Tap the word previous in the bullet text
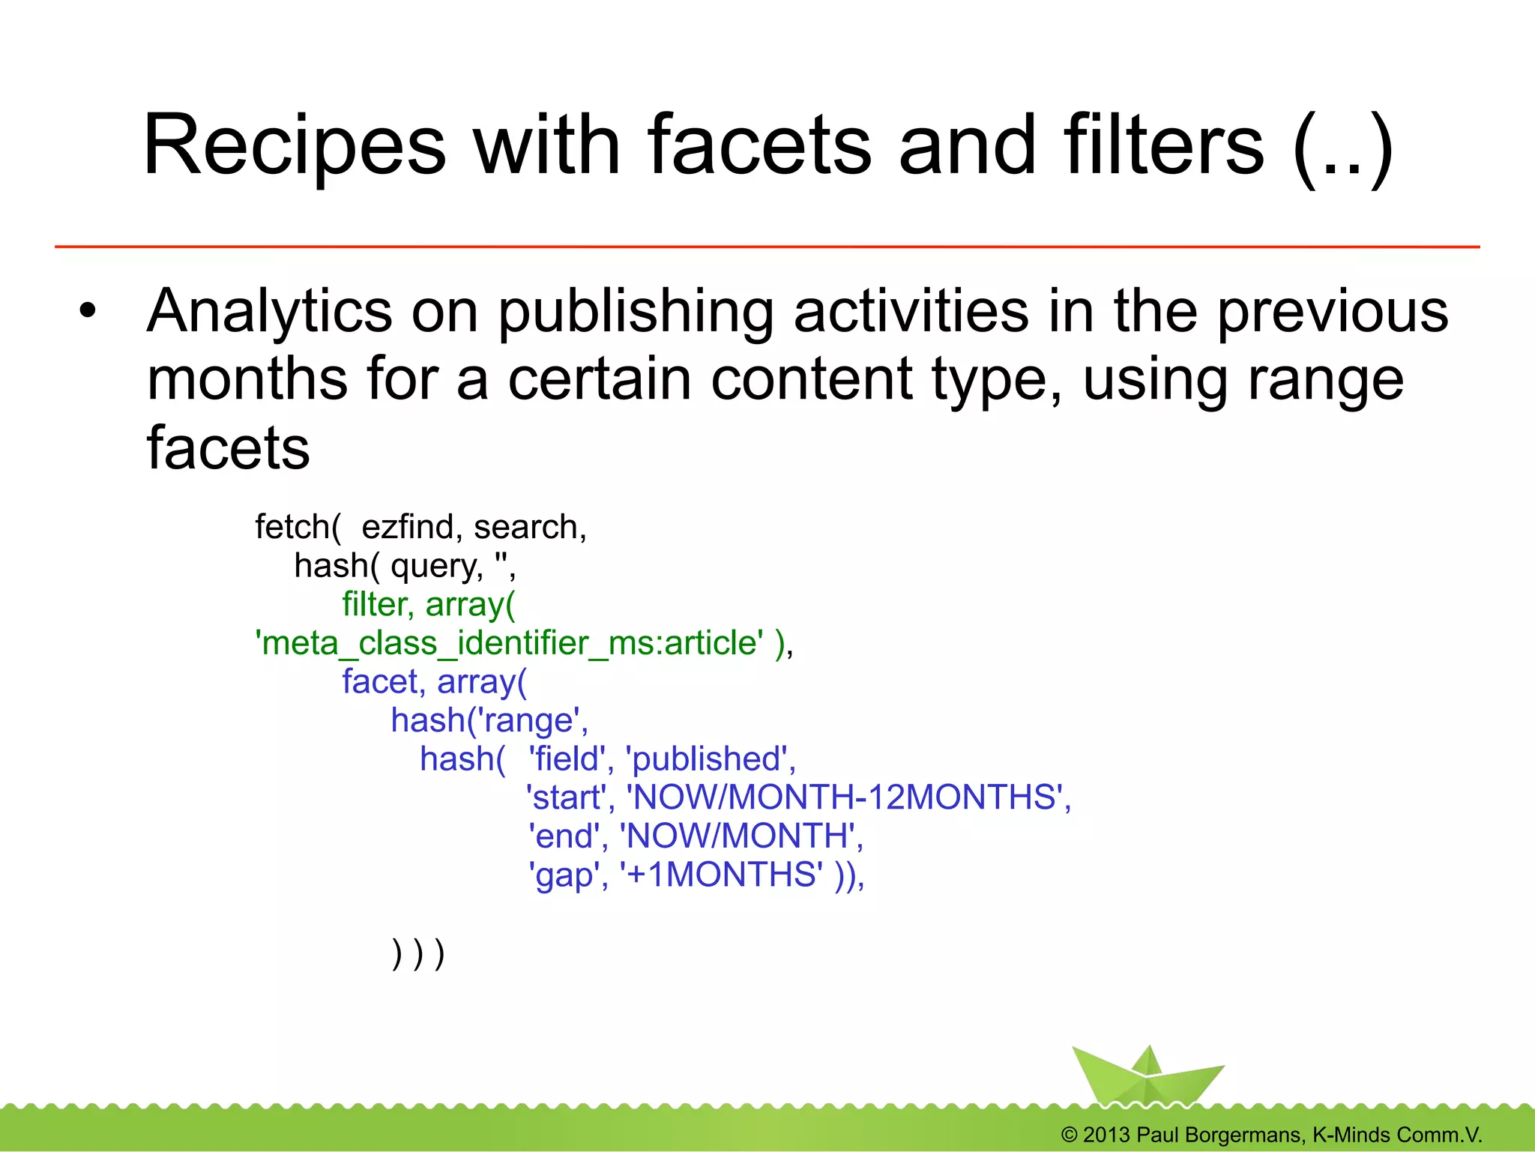[x=1332, y=311]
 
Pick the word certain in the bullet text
[x=600, y=379]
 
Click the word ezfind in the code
[x=408, y=527]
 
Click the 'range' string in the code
[x=531, y=721]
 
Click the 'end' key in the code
[x=564, y=836]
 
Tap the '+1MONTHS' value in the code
[x=721, y=875]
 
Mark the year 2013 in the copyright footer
[x=1106, y=1135]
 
